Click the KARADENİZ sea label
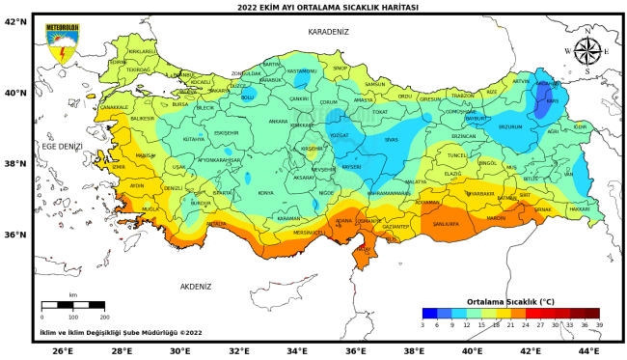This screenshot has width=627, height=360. pyautogui.click(x=328, y=32)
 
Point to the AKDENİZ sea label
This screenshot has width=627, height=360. pyautogui.click(x=195, y=286)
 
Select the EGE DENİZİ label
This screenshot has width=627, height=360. pyautogui.click(x=64, y=146)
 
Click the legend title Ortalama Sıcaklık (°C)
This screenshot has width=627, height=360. pyautogui.click(x=510, y=301)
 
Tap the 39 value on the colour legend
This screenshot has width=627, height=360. pyautogui.click(x=599, y=326)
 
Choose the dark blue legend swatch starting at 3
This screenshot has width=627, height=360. pyautogui.click(x=429, y=313)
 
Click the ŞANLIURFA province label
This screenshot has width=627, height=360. pyautogui.click(x=446, y=222)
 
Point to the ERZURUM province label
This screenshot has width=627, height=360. pyautogui.click(x=509, y=126)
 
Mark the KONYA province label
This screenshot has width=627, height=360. pyautogui.click(x=265, y=193)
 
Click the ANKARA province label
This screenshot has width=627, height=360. pyautogui.click(x=278, y=123)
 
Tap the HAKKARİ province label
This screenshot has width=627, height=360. pyautogui.click(x=579, y=208)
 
